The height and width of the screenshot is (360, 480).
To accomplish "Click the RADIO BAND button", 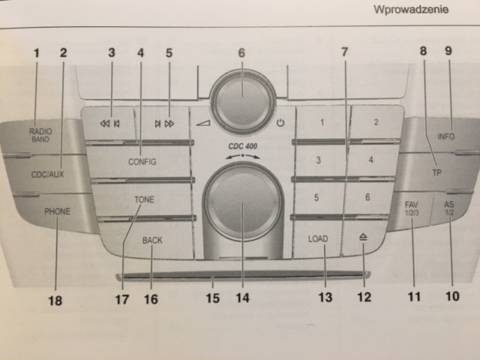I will pyautogui.click(x=41, y=135).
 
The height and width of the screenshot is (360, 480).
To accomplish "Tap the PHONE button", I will pyautogui.click(x=56, y=211).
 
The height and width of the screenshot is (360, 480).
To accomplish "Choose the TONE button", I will pyautogui.click(x=143, y=199).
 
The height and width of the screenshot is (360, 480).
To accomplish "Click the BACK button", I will pyautogui.click(x=152, y=240).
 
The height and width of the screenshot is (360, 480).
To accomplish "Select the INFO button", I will pyautogui.click(x=446, y=136).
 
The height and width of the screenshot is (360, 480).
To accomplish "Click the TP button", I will pyautogui.click(x=436, y=172).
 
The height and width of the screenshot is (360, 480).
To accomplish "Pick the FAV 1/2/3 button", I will pyautogui.click(x=411, y=208).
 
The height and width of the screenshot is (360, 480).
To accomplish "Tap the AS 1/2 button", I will pyautogui.click(x=450, y=207).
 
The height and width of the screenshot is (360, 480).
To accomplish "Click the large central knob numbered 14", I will pyautogui.click(x=242, y=204).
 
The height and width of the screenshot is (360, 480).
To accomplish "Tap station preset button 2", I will pyautogui.click(x=375, y=122).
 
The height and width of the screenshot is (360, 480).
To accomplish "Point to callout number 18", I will pyautogui.click(x=55, y=301).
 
